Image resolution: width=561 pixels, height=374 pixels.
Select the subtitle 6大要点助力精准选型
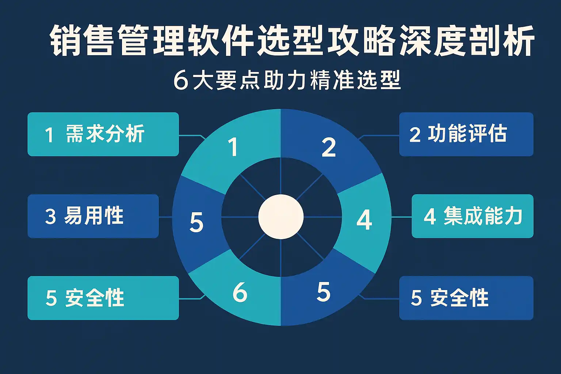[x=287, y=80]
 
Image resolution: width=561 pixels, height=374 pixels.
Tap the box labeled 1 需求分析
[x=103, y=134]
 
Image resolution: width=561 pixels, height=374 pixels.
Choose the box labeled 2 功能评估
[x=466, y=134]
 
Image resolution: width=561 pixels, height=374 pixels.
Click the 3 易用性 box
[x=93, y=216]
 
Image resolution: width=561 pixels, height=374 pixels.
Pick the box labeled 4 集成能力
[x=473, y=216]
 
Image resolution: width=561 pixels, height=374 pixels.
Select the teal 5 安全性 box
[x=103, y=298]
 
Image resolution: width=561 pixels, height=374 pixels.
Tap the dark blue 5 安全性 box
[x=466, y=298]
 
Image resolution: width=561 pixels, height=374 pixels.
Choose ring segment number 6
[x=240, y=292]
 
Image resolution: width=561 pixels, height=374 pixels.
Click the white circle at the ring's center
[x=280, y=217]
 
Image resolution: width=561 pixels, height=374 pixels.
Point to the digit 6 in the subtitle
[x=180, y=80]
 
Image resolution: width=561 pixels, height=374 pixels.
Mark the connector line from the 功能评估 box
[x=380, y=136]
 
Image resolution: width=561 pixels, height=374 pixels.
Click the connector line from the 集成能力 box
[x=402, y=217]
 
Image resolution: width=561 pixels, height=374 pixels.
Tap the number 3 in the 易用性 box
[x=50, y=216]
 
